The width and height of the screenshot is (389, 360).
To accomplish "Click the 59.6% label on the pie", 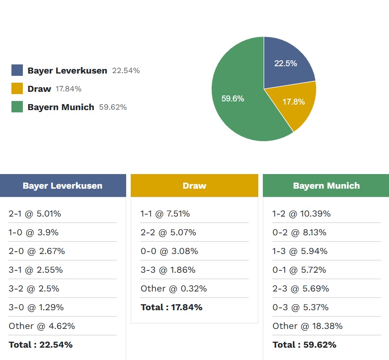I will [233, 99].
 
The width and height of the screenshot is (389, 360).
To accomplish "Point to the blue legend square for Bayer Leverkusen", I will [17, 70].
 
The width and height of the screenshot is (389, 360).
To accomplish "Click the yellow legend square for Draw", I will [17, 89].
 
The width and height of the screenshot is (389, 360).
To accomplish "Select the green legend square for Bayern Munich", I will [17, 107].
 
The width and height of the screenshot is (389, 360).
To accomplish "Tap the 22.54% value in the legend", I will [126, 71].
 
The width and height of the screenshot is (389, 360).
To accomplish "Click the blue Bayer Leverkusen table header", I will [63, 185].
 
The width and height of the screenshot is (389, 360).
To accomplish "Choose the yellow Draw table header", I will [194, 185].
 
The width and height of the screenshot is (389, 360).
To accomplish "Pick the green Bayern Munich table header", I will [326, 185].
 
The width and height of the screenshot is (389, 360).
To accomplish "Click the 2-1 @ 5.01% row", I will [35, 214].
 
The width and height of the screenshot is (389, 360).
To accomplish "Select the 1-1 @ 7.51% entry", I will [165, 214].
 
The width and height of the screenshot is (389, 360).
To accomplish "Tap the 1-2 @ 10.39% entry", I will [301, 214].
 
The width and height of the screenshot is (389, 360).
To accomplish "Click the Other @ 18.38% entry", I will [307, 326].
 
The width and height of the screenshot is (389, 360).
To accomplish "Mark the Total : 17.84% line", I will [171, 307].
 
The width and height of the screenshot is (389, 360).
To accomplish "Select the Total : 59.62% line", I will [304, 345].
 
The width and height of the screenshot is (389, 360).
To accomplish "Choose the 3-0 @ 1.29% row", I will [36, 307].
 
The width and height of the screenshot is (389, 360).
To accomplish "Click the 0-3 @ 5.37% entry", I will [300, 307].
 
